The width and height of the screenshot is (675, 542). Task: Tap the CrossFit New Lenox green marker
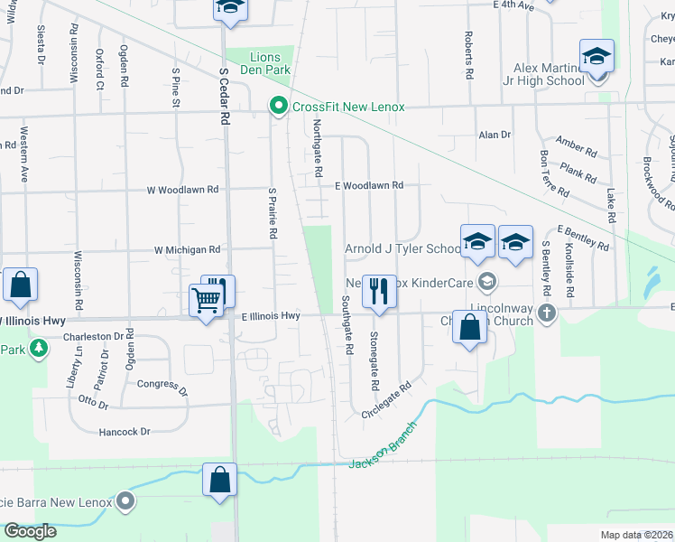279,107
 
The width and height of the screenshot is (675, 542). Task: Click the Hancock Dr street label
125,432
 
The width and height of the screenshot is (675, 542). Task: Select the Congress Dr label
162,388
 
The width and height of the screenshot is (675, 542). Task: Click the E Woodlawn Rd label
368,185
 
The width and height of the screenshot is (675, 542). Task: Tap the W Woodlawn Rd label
183,190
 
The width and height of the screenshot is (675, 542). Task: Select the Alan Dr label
495,135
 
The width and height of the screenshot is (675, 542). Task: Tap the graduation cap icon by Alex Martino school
596,57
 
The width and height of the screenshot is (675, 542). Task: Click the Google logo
30,531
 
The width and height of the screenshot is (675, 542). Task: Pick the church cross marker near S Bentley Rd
545,313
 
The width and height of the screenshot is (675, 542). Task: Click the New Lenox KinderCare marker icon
487,281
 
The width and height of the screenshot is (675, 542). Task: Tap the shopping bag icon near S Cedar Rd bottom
219,481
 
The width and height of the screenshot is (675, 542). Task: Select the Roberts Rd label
468,53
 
